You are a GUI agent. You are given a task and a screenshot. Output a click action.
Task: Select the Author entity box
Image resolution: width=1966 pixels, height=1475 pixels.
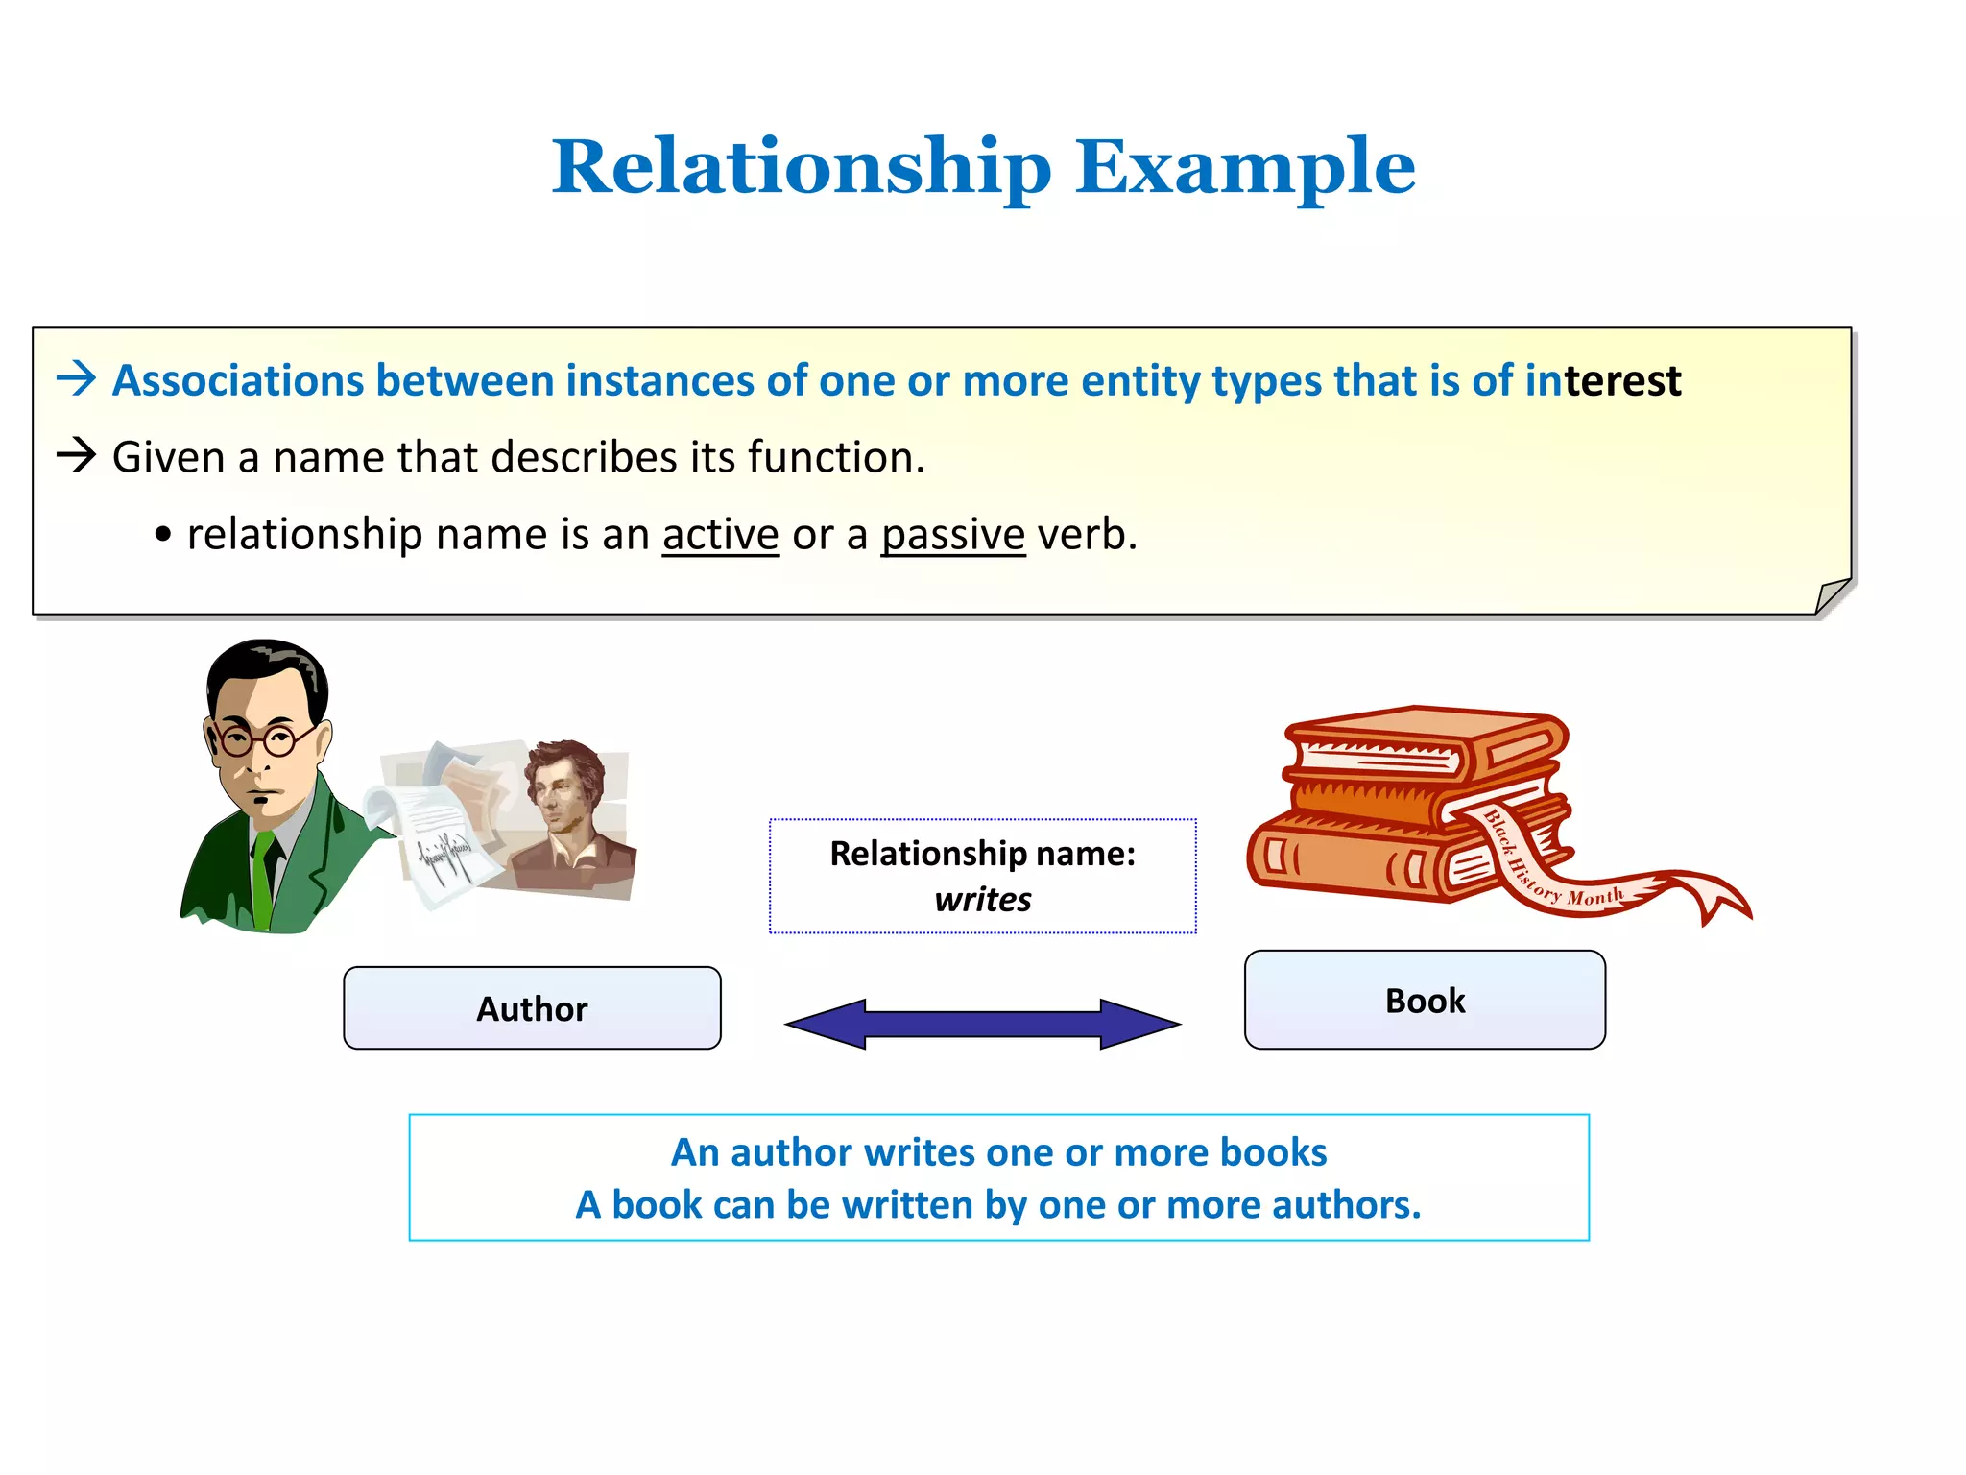pos(532,1008)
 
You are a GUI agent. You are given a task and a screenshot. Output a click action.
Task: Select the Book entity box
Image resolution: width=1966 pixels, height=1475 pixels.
pos(1425,1001)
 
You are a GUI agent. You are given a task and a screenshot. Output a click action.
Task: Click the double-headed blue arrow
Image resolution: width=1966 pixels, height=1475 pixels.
pos(983,1024)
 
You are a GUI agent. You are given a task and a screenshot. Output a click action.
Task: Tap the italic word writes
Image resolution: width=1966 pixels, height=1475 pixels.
pos(983,900)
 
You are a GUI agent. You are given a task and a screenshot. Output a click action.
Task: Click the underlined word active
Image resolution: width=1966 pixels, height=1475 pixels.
pos(720,535)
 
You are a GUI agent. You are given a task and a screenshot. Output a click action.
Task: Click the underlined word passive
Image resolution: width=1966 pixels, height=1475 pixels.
pos(953,535)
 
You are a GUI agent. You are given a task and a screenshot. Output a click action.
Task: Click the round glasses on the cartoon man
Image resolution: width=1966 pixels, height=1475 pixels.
pos(257,739)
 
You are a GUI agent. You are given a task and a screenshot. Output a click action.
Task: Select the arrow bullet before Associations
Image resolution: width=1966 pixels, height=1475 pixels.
pos(77,379)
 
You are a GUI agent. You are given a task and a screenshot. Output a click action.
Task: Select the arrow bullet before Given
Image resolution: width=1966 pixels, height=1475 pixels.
pos(77,455)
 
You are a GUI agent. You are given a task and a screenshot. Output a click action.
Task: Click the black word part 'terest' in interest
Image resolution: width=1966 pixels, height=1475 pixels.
pos(1622,381)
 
